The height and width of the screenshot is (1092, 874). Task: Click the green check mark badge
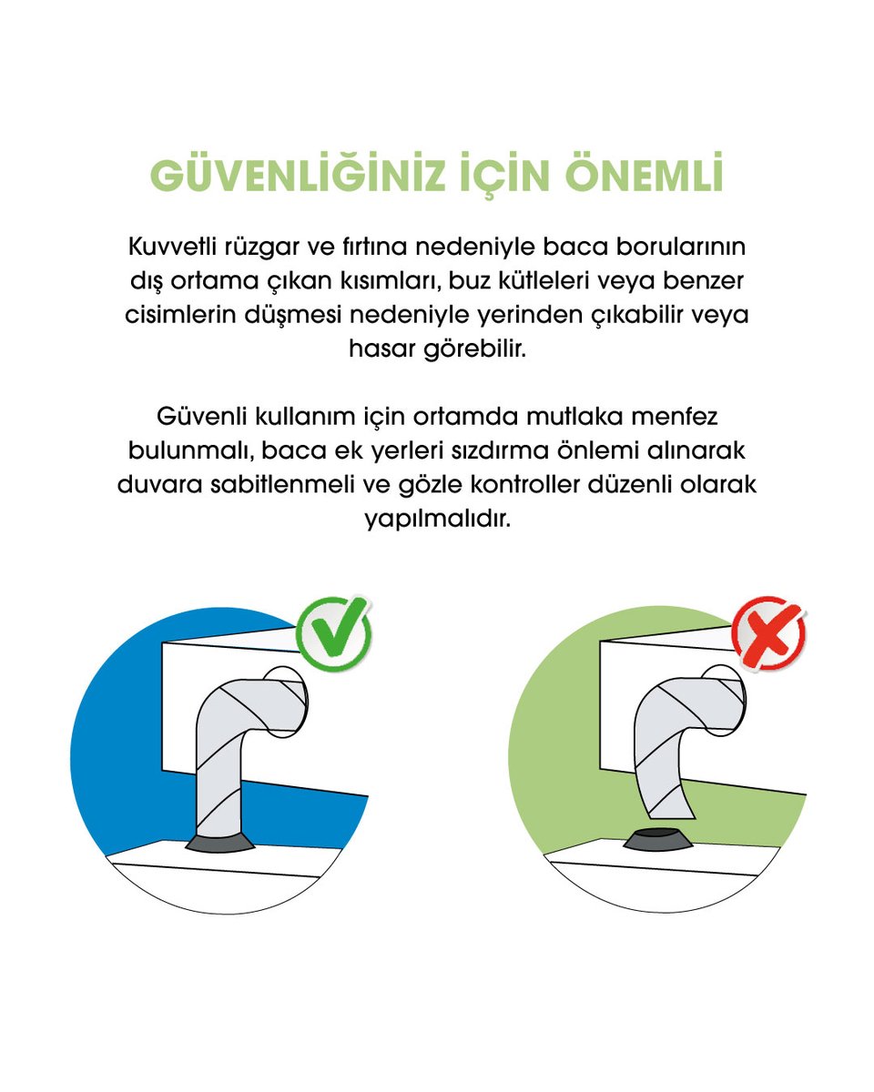334,633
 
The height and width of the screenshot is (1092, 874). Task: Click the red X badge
769,633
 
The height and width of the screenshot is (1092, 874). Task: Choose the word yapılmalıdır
437,520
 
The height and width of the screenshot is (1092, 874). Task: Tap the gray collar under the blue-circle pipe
220,842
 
